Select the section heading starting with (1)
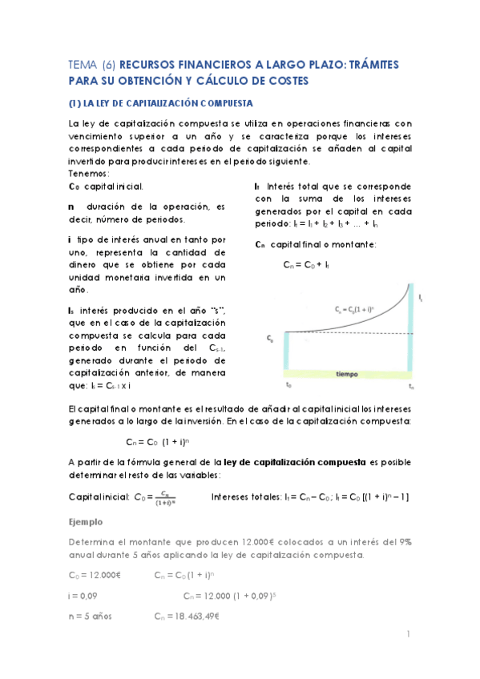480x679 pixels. (159, 103)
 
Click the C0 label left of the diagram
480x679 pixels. (270, 339)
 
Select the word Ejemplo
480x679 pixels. (87, 521)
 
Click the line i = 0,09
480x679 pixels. (83, 596)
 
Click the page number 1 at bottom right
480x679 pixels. (409, 634)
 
